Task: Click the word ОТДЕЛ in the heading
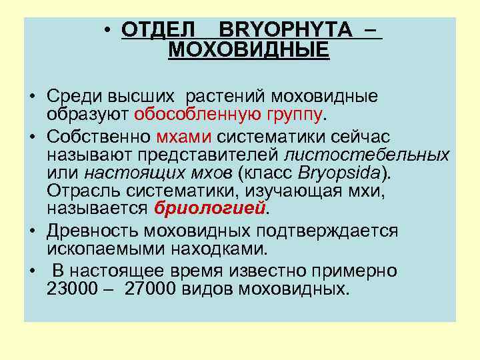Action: pyautogui.click(x=159, y=30)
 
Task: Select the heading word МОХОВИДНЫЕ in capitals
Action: pyautogui.click(x=249, y=50)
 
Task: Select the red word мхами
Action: pyautogui.click(x=184, y=137)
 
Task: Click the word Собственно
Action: pyautogui.click(x=99, y=137)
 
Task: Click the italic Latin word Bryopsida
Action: pyautogui.click(x=351, y=173)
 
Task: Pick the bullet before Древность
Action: pyautogui.click(x=32, y=231)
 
